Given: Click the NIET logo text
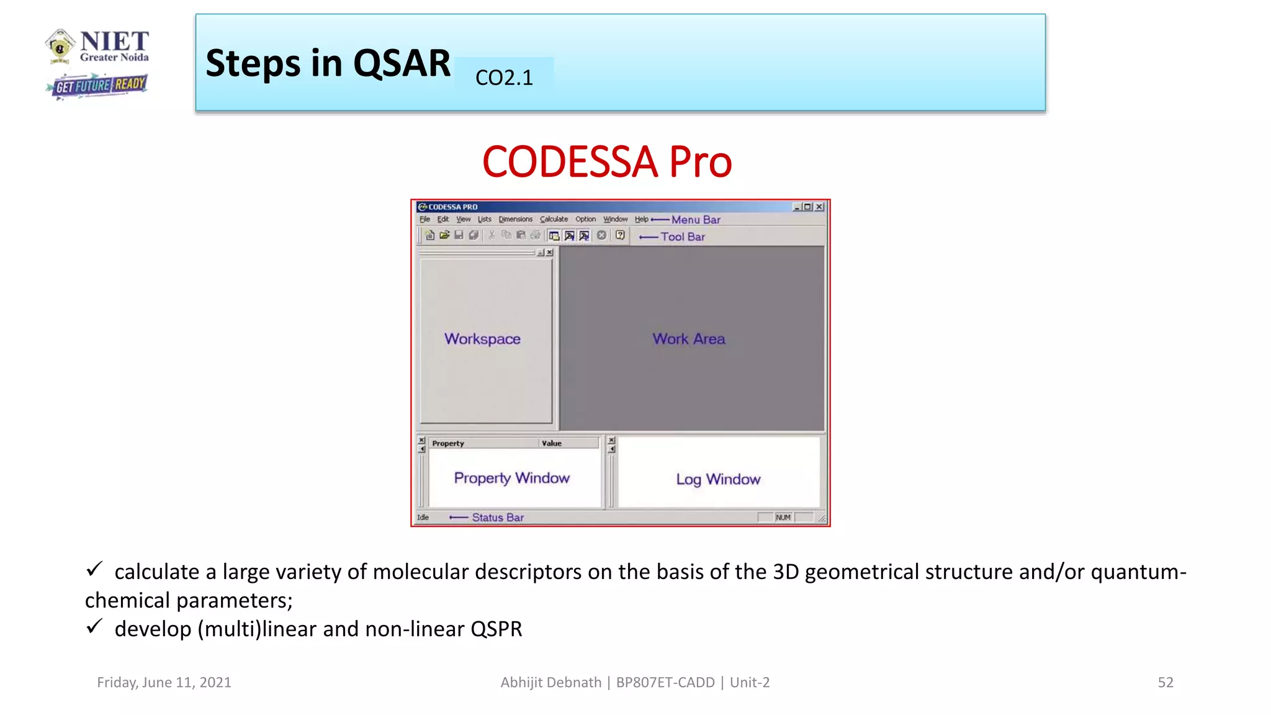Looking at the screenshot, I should point(114,42).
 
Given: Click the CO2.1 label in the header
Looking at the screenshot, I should point(503,78).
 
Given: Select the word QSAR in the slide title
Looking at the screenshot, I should point(402,63).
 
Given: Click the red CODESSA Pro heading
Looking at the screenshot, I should point(607,162).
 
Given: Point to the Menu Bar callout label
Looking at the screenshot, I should point(696,220).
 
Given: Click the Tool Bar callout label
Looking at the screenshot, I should point(683,236).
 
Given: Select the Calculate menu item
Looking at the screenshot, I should point(554,219).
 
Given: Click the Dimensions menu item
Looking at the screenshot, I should point(515,219).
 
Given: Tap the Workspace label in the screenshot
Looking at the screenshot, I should point(482,339).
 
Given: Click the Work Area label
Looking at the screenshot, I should point(688,339).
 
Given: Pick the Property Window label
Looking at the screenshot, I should point(511,478).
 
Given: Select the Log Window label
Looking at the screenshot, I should point(718,479).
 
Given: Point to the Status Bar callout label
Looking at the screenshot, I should point(498,518).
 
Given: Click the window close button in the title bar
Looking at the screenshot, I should point(819,207).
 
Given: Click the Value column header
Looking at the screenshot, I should point(551,443).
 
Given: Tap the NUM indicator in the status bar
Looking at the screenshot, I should point(783,518).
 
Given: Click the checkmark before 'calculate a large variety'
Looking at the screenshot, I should point(94,569).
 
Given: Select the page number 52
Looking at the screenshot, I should point(1165,682).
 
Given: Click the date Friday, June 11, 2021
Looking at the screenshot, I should point(164,682).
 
